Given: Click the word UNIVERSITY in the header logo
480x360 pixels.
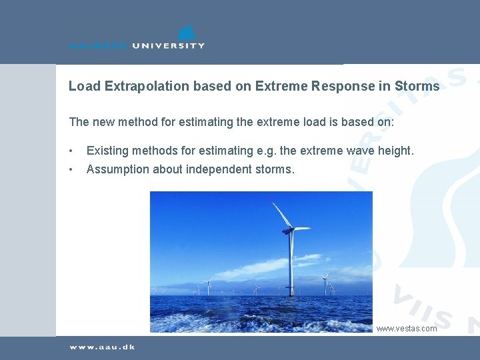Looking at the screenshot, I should click(x=169, y=45).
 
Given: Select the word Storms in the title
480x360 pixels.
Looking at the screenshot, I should click(x=417, y=86).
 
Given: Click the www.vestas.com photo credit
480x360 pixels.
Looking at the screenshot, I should click(x=407, y=328).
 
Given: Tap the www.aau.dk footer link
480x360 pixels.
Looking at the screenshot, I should click(x=102, y=347).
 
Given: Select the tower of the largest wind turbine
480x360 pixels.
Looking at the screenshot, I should click(x=291, y=267).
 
